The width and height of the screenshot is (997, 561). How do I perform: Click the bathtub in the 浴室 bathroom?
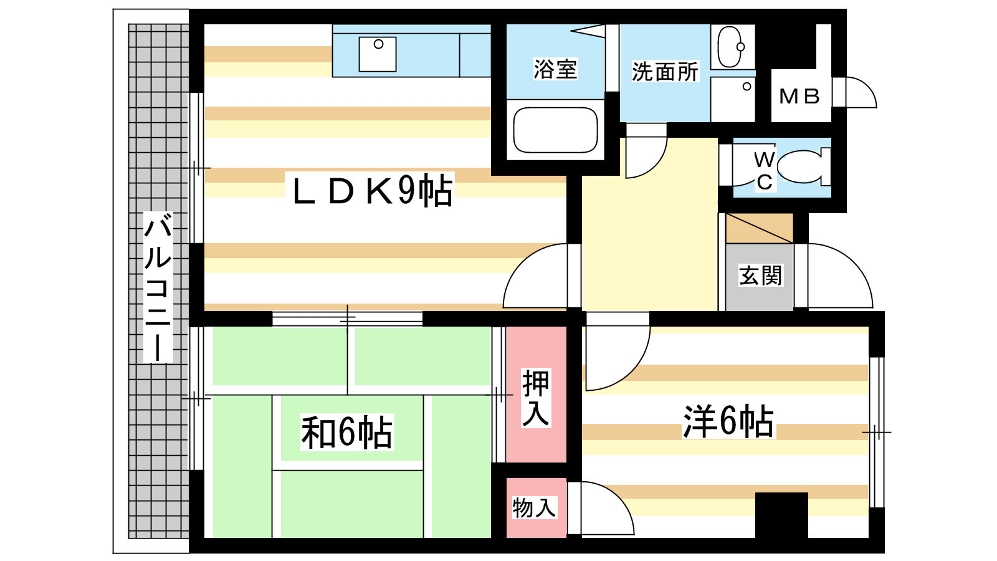pos(555,130)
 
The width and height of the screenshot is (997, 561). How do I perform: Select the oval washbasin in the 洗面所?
pos(730,47)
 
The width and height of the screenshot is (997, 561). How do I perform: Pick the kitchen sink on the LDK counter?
pos(378,54)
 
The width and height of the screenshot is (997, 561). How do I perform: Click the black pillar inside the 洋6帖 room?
pos(781,515)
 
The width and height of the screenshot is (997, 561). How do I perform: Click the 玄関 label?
pos(760,275)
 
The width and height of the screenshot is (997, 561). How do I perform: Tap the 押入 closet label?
pos(535,398)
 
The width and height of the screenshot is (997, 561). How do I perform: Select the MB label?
pos(799,96)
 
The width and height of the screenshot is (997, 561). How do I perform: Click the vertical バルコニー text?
pos(158,287)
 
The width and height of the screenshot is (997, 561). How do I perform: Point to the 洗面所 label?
pos(665,71)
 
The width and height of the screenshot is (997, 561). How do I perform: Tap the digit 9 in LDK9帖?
pos(406,189)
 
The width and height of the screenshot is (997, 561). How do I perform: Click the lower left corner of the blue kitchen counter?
pos(333,77)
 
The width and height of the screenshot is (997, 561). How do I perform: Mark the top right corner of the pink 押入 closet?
pos(566,327)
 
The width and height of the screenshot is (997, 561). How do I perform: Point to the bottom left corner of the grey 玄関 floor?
pos(726,310)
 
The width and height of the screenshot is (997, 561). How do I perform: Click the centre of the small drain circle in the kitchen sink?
pos(378,44)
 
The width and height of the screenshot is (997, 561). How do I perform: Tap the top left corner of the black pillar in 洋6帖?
pos(755,492)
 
